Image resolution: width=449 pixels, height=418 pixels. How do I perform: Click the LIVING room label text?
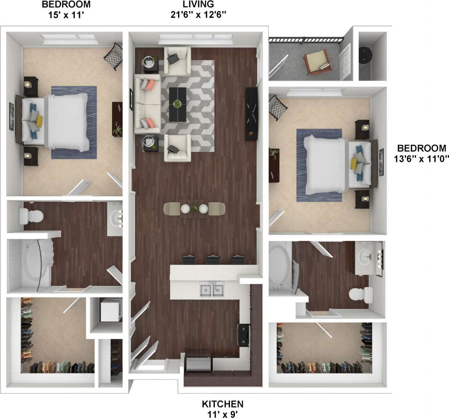click(198, 5)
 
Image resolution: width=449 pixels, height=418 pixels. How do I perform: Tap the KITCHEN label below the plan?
click(222, 404)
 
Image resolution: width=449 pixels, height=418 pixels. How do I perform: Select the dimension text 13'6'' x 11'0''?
click(421, 159)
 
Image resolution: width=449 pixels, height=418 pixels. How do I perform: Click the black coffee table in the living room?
click(178, 104)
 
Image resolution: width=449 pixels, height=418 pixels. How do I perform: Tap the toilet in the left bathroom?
click(32, 216)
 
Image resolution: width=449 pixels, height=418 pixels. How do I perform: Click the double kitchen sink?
click(211, 290)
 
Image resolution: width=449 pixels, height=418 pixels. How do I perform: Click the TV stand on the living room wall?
click(251, 113)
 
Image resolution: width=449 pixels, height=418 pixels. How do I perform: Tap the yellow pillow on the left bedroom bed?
click(40, 121)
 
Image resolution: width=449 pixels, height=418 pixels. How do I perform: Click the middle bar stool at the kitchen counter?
click(213, 260)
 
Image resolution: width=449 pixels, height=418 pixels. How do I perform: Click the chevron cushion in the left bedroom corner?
click(113, 56)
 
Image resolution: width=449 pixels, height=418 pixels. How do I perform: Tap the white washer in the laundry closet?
click(110, 310)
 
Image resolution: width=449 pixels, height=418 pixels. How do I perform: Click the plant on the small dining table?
click(194, 208)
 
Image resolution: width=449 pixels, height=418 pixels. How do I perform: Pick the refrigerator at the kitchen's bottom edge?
click(198, 361)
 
